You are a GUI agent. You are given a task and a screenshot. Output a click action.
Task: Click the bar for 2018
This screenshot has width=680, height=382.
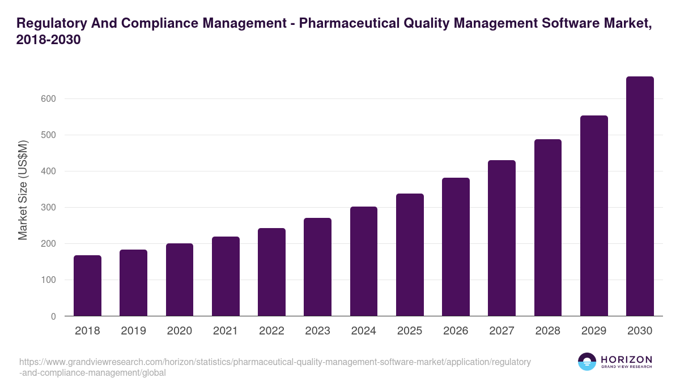(87, 286)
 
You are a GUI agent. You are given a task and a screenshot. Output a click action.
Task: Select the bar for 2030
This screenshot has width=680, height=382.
(640, 196)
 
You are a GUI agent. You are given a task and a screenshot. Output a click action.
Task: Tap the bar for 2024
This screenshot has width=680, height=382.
(364, 261)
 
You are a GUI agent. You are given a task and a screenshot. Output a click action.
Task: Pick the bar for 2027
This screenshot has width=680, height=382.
(501, 238)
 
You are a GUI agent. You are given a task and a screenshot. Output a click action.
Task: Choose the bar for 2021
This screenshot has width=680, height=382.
(226, 276)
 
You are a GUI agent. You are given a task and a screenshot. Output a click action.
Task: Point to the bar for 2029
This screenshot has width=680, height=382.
(594, 216)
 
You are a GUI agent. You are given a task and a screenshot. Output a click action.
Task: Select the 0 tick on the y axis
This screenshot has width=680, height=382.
(53, 316)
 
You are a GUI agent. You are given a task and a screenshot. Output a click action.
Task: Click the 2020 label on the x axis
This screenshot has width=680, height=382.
(179, 331)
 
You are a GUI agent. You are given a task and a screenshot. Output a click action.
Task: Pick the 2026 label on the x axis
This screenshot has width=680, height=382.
(456, 331)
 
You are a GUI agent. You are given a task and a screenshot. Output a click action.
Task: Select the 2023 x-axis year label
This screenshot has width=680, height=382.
(317, 331)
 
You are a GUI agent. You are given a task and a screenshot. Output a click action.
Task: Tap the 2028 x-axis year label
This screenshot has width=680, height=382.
(548, 331)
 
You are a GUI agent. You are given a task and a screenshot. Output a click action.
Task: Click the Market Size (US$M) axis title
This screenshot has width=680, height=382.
(23, 190)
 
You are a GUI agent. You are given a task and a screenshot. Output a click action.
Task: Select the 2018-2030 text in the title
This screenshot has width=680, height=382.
(49, 40)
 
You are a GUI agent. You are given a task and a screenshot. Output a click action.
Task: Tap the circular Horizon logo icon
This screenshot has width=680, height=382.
(587, 362)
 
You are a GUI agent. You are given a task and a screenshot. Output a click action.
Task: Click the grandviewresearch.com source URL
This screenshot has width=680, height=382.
(275, 367)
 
